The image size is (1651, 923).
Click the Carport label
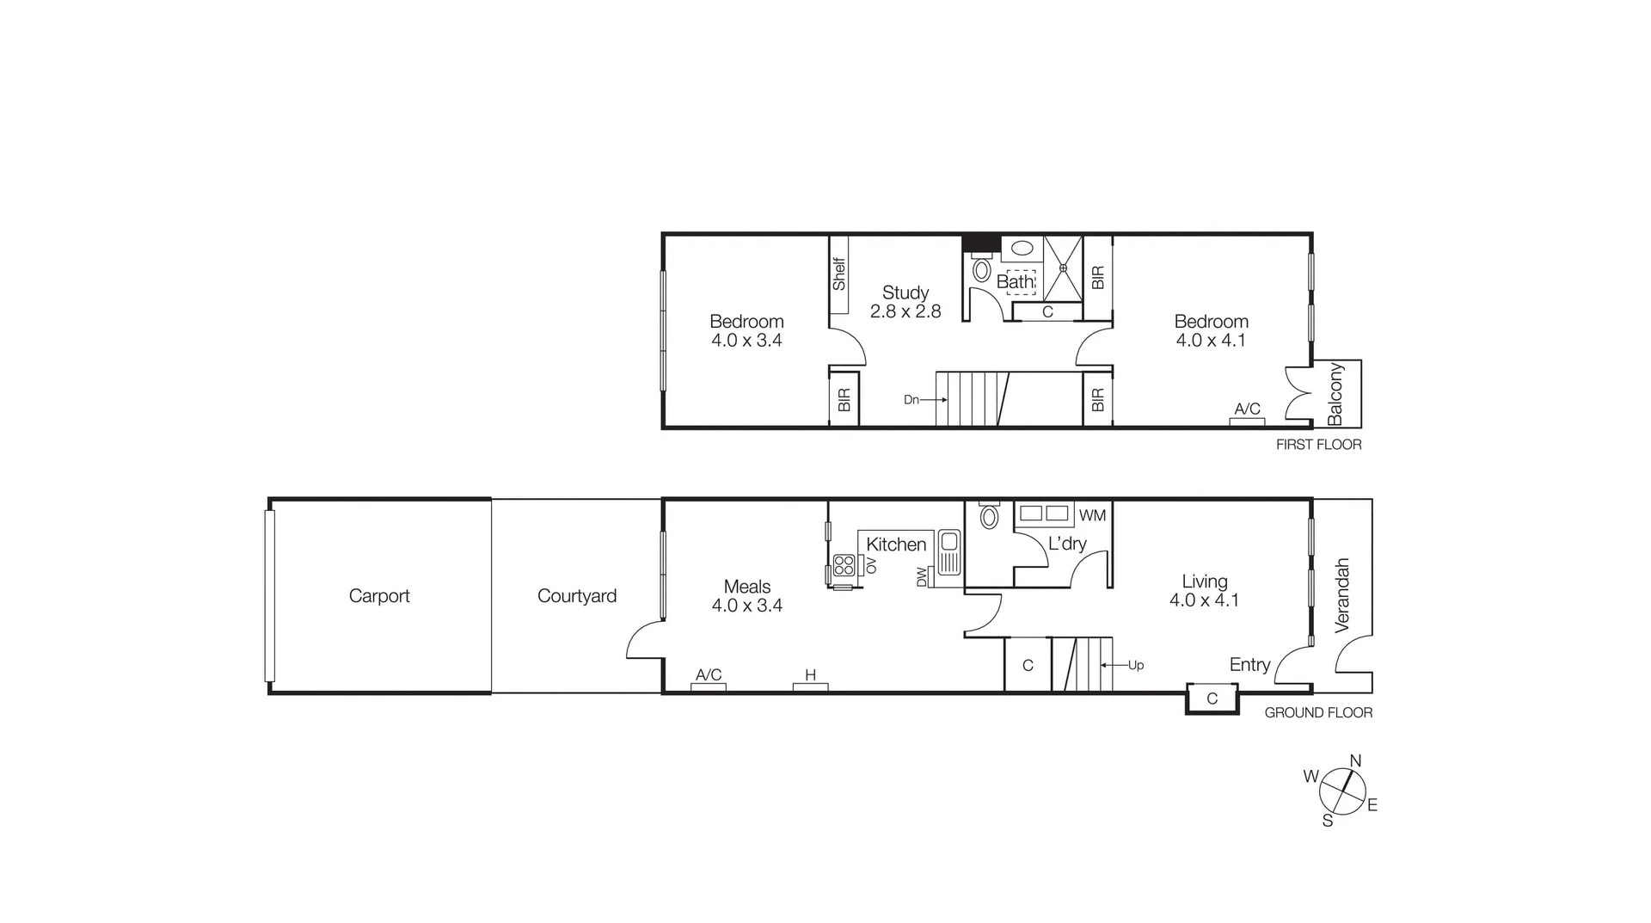point(379,596)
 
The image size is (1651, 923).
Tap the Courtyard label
point(576,596)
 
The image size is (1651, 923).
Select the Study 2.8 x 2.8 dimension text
point(905,312)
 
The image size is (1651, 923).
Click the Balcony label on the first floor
point(1335,394)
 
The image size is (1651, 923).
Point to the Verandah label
point(1342,595)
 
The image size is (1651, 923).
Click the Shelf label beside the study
point(839,274)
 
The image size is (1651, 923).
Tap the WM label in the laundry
point(1092,516)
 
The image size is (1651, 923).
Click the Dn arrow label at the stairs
point(911,400)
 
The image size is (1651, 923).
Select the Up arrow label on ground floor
point(1136,666)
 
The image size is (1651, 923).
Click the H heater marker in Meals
point(810,675)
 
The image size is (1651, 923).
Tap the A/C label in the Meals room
point(709,675)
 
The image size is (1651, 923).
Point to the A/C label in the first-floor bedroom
point(1247,409)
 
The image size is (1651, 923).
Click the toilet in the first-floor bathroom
point(981,270)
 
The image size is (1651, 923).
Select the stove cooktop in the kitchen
point(844,565)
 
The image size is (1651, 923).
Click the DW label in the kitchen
point(922,576)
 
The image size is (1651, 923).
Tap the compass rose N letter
point(1355,761)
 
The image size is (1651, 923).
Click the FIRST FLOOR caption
point(1318,445)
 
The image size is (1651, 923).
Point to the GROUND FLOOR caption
point(1318,713)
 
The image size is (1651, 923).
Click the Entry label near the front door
point(1249,665)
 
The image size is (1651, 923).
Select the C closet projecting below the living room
point(1212,698)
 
